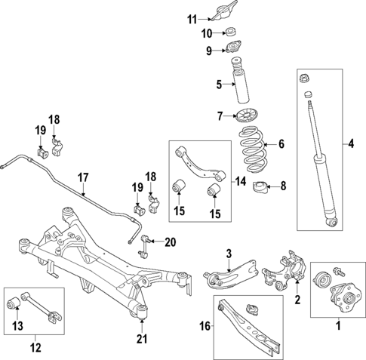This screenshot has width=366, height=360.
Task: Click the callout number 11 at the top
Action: point(191,19)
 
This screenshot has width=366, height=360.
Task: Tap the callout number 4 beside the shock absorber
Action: point(349,143)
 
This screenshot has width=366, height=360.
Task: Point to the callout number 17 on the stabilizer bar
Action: point(84,178)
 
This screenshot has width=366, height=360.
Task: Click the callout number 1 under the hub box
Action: point(338,325)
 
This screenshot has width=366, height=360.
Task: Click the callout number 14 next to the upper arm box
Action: point(240,181)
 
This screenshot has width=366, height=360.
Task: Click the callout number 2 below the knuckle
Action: point(297,301)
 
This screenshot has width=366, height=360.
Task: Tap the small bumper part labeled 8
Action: point(260,187)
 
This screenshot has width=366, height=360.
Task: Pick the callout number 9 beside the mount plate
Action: point(211,51)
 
